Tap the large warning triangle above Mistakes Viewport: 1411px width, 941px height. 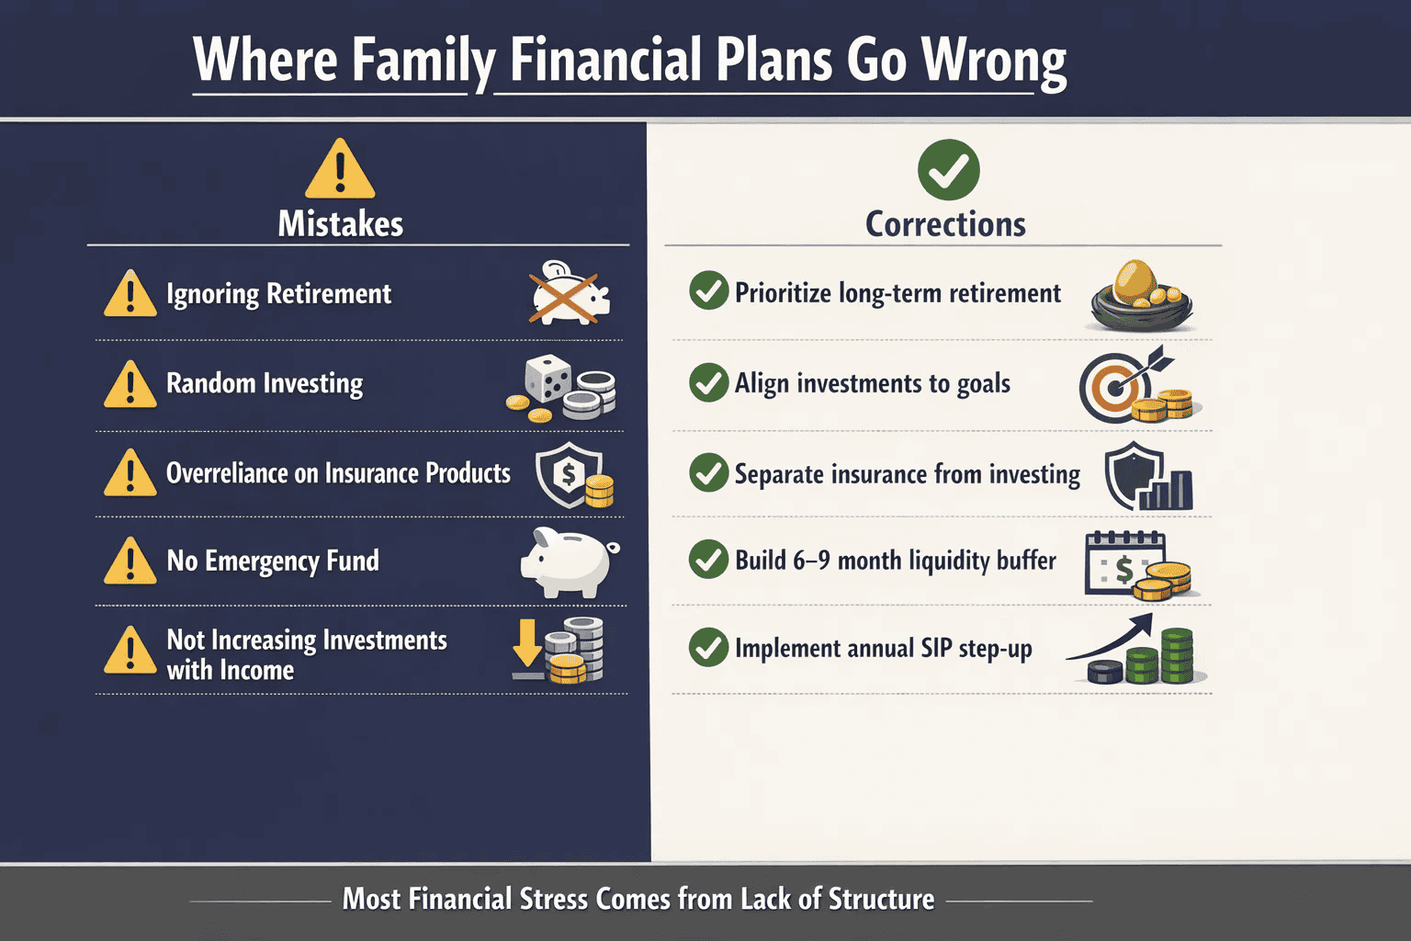(340, 170)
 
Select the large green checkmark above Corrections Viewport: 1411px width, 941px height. (948, 170)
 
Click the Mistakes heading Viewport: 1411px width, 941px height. (341, 224)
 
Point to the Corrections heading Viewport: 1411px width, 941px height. (945, 224)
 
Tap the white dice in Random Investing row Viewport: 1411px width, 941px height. (547, 377)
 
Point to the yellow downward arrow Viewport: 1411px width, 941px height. (527, 643)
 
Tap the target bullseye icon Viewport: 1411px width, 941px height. (1113, 388)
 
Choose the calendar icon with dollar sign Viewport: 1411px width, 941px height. (1123, 562)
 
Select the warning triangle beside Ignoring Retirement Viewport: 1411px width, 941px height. (130, 294)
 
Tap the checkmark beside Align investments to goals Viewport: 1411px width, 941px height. (708, 382)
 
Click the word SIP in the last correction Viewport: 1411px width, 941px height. (936, 648)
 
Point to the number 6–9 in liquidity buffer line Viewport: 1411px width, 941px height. (811, 561)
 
